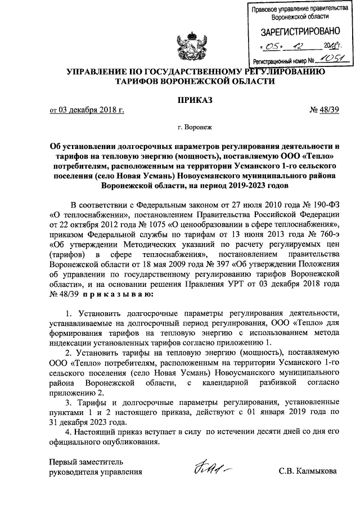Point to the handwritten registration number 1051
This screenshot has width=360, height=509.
[328, 58]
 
